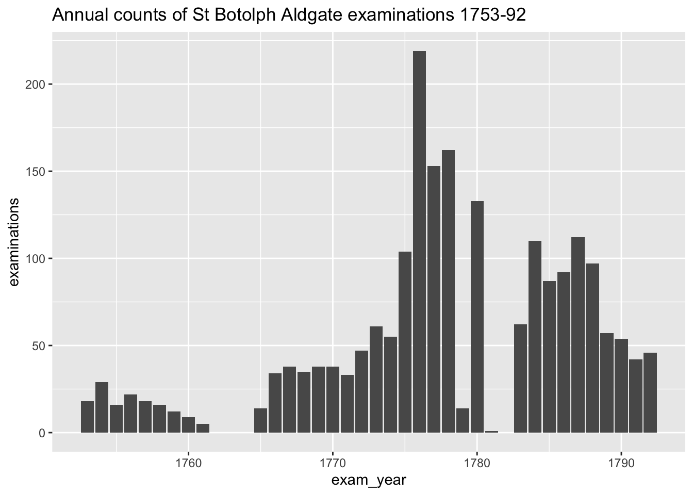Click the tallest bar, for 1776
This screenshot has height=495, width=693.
[x=419, y=242]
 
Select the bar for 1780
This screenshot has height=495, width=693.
[x=477, y=317]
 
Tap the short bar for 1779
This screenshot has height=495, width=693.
[x=463, y=420]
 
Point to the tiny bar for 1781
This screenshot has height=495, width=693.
[x=491, y=432]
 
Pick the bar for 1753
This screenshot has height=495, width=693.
[x=87, y=417]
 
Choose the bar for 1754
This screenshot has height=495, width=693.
[x=102, y=407]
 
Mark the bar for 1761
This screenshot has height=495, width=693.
[x=203, y=428]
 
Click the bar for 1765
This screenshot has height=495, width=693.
[x=260, y=420]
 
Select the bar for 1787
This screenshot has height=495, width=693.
[x=578, y=335]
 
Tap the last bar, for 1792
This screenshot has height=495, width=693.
[x=650, y=392]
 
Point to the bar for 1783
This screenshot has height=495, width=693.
[x=520, y=378]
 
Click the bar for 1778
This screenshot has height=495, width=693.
[x=448, y=291]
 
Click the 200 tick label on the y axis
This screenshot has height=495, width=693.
[x=35, y=85]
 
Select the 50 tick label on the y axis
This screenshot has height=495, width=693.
[x=39, y=346]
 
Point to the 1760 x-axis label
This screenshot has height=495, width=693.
[x=188, y=463]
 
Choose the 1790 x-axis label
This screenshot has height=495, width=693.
[x=621, y=463]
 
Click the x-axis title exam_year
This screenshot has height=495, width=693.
[x=369, y=481]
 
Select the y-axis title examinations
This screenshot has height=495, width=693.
[x=14, y=242]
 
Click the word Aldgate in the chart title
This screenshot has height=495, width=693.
[x=312, y=15]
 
